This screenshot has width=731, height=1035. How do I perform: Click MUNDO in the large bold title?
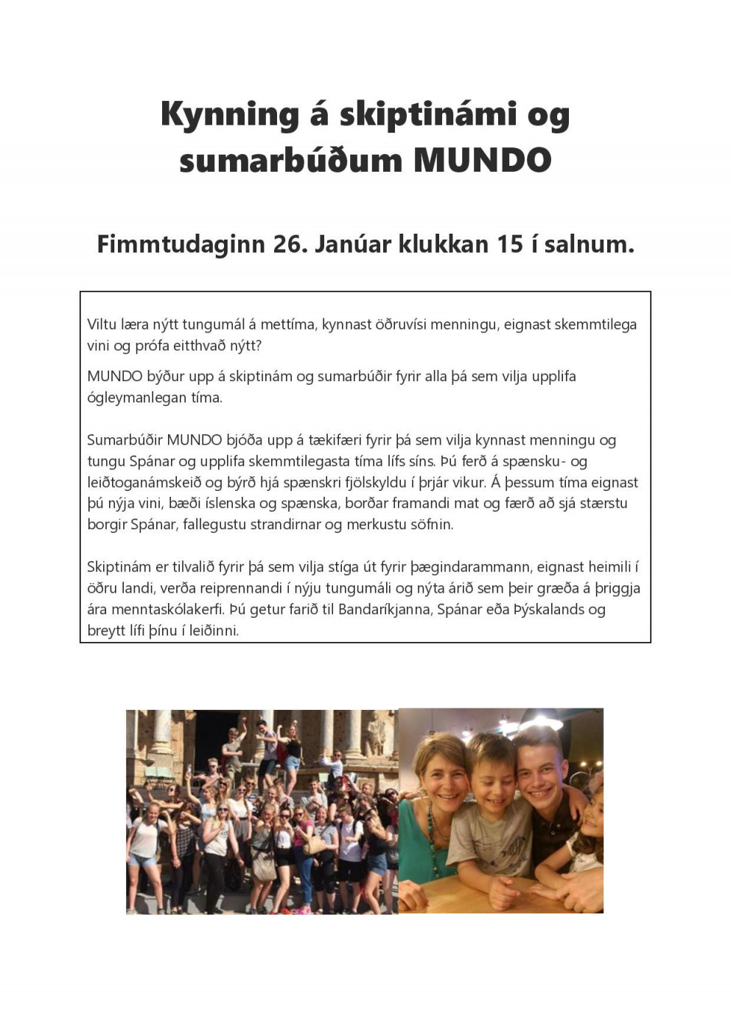point(483,160)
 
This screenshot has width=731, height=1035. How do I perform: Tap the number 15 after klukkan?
point(510,244)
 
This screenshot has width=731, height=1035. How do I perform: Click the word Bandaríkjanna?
point(383,610)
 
